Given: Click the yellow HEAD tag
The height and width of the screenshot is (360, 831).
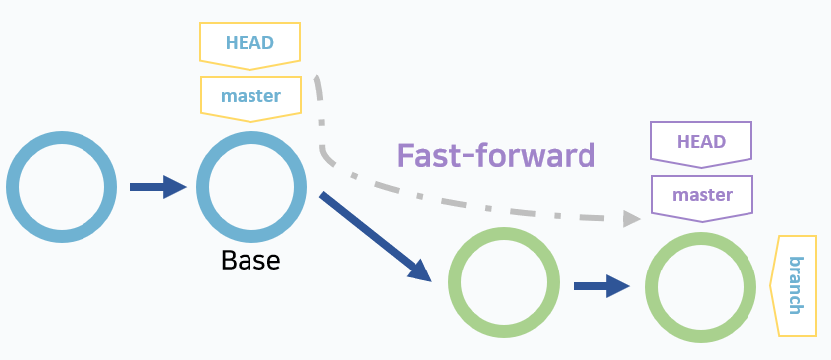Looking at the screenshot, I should coord(249,43).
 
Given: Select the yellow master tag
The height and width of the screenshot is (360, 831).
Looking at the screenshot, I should coord(250,97).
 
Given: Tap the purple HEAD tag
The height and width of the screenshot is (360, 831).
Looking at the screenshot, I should coord(701,141).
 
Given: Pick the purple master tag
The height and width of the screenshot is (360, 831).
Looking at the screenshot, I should coord(702,194).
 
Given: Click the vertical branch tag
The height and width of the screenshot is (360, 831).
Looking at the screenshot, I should coord(795,285).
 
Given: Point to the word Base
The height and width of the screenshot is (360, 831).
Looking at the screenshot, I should coord(250,261).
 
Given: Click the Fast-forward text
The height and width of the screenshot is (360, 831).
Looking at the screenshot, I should coord(495,155).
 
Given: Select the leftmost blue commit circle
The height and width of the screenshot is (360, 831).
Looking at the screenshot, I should coord(56,186).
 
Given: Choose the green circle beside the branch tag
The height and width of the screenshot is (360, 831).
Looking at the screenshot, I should coord(700,286).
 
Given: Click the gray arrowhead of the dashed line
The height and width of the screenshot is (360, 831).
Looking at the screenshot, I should coord(631,218).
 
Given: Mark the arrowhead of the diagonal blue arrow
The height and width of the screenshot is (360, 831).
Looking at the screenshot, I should coord(420,270).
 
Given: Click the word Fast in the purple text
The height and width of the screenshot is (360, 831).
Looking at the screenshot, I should coord(429,155).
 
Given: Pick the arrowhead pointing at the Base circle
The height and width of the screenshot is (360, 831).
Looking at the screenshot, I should coord(175,186).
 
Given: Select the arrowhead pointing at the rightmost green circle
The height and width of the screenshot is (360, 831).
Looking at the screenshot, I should coord(618,286).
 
